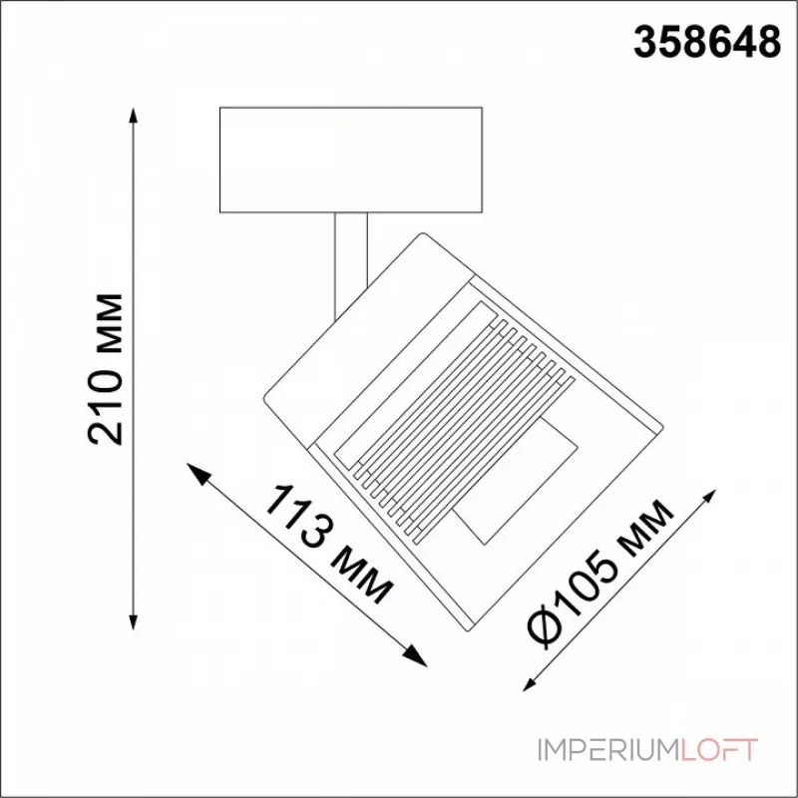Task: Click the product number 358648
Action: (707, 43)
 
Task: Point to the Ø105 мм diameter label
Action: (599, 573)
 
